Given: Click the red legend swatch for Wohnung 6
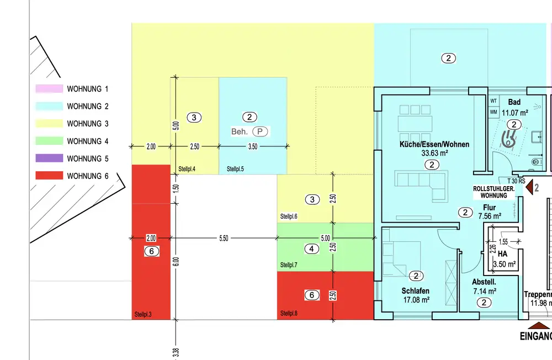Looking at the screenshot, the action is pos(49,176).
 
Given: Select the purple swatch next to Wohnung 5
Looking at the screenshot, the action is pos(49,158).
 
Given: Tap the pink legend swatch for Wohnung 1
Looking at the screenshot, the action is pos(49,88).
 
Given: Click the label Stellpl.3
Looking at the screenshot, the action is pos(143,314).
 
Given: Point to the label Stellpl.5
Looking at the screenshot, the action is pos(235,169).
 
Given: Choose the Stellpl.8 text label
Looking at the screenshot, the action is pos(289,313).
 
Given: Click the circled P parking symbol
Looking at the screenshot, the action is pos(260,131).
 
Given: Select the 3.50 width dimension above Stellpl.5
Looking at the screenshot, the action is pos(253,146).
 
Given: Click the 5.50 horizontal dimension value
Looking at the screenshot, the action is pos(224,238).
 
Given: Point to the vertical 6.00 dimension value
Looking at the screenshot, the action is pos(176,262).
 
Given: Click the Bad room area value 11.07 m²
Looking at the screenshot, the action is pos(514,113).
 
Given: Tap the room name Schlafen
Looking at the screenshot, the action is pos(416,291).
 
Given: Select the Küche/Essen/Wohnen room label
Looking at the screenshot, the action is pos(434,144).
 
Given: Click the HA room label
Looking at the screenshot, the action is pos(502,253).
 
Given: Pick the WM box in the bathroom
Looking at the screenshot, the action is pos(493,113).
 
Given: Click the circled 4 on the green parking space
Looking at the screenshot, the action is pos(311,249).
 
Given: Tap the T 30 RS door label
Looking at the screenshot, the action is pos(516,181).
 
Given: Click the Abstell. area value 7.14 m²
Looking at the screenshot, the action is pos(485,292).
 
